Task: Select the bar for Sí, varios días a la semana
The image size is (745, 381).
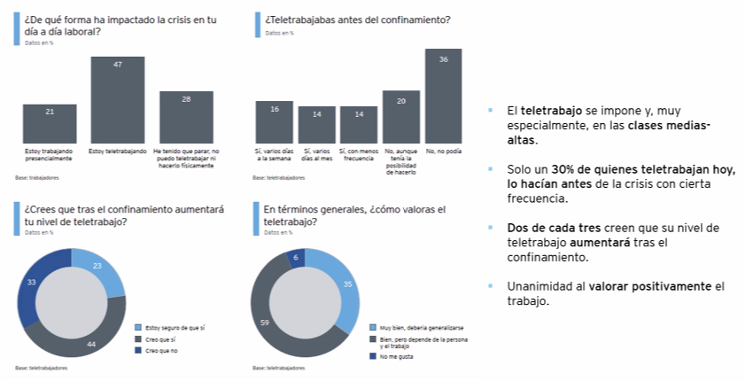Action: coord(274,122)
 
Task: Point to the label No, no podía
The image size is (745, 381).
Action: coord(443,152)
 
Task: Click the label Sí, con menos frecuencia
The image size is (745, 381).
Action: coord(359,156)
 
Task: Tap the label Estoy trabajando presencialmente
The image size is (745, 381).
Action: coord(50,156)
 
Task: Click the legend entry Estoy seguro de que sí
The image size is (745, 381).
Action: coord(175,327)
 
